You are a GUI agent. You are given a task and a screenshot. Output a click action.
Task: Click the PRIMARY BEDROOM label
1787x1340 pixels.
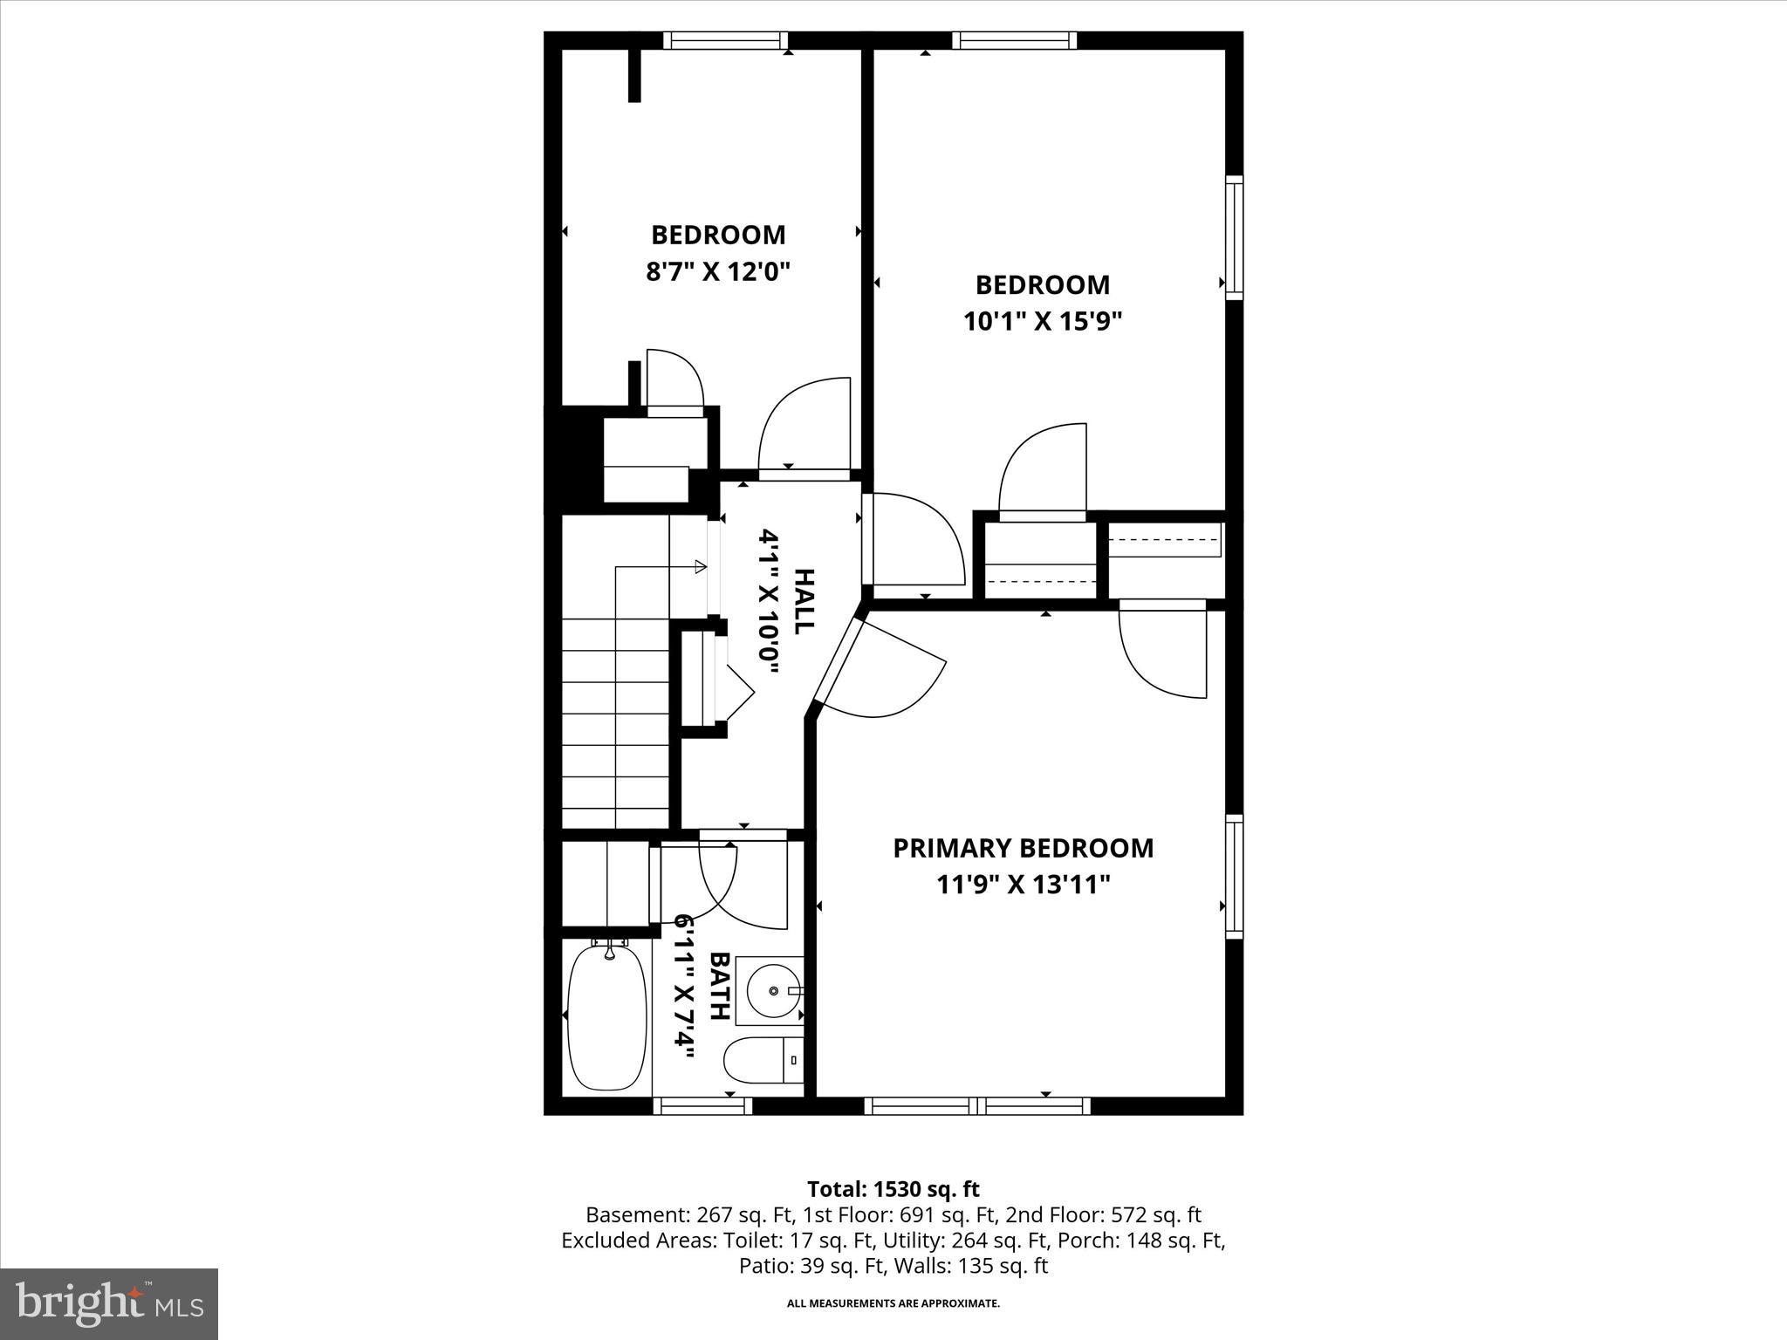tap(1023, 848)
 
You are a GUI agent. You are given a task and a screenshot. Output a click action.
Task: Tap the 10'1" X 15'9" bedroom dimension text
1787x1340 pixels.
tap(1042, 322)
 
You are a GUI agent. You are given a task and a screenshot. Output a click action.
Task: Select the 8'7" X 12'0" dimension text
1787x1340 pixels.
tap(717, 271)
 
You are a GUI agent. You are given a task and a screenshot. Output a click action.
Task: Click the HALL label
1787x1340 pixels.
tap(803, 601)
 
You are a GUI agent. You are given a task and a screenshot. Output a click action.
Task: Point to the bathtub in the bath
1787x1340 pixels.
tap(607, 1016)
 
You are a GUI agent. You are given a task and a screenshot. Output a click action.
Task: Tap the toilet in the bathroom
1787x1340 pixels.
tap(763, 1059)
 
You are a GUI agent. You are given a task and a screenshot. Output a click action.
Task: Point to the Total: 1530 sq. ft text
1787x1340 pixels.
tap(893, 1189)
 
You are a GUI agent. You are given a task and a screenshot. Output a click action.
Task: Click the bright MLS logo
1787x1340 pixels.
tap(109, 1303)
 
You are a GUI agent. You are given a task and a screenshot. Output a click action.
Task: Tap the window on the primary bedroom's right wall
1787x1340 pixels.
tap(1234, 876)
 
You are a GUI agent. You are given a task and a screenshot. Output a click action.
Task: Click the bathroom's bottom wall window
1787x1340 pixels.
tap(702, 1106)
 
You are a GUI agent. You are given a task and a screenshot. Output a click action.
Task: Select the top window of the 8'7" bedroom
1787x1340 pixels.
tap(725, 40)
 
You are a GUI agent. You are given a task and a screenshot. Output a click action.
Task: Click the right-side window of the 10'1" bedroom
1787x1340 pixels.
tap(1234, 237)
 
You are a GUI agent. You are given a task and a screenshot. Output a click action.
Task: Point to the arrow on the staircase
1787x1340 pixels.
tap(698, 567)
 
